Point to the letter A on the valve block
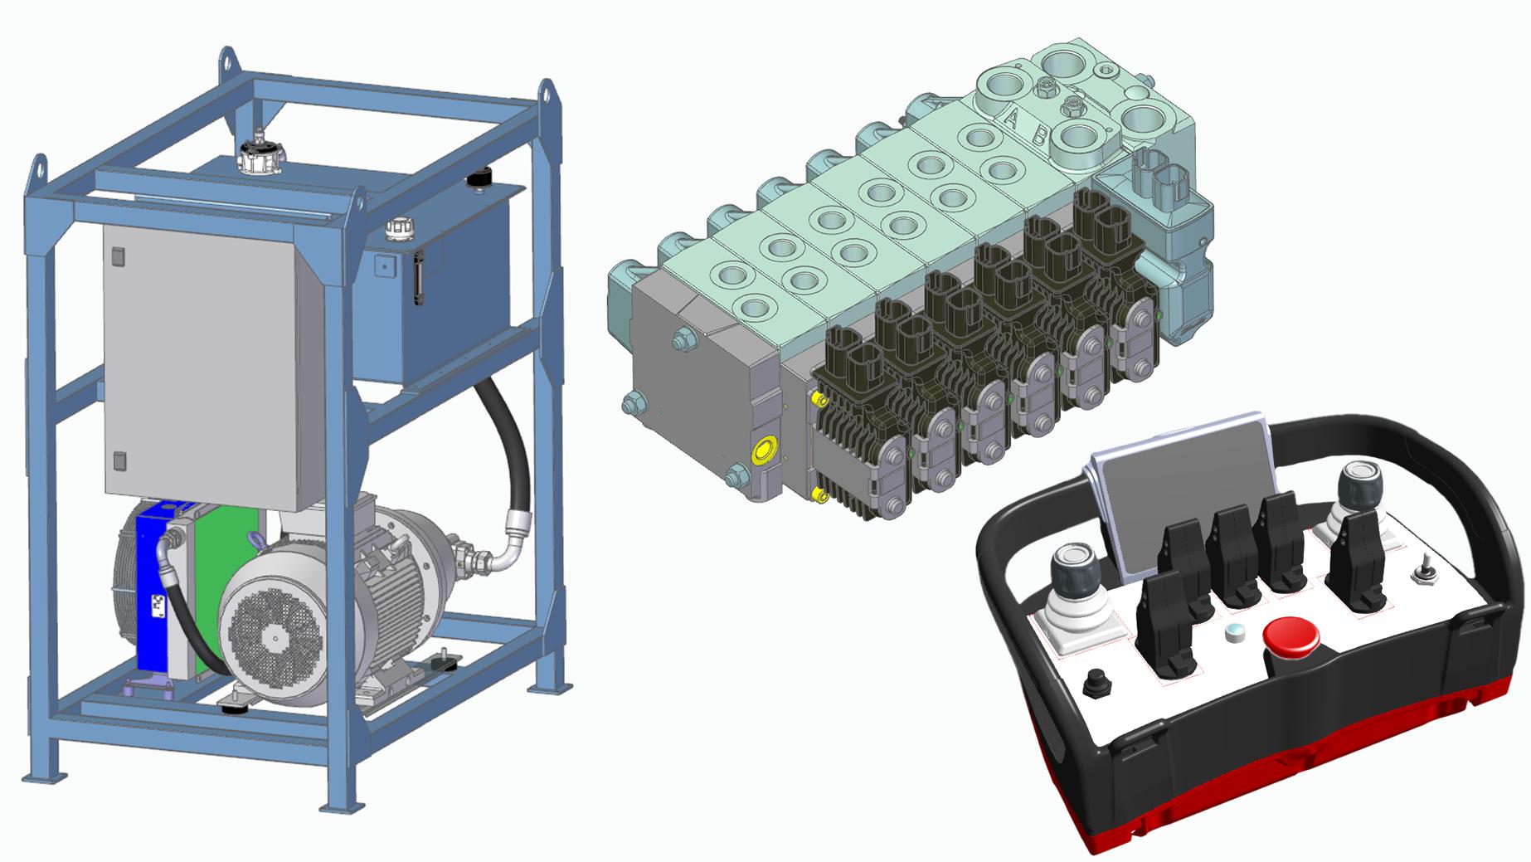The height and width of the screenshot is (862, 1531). (x=1010, y=119)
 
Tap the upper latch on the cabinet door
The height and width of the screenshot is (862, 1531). (x=117, y=257)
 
